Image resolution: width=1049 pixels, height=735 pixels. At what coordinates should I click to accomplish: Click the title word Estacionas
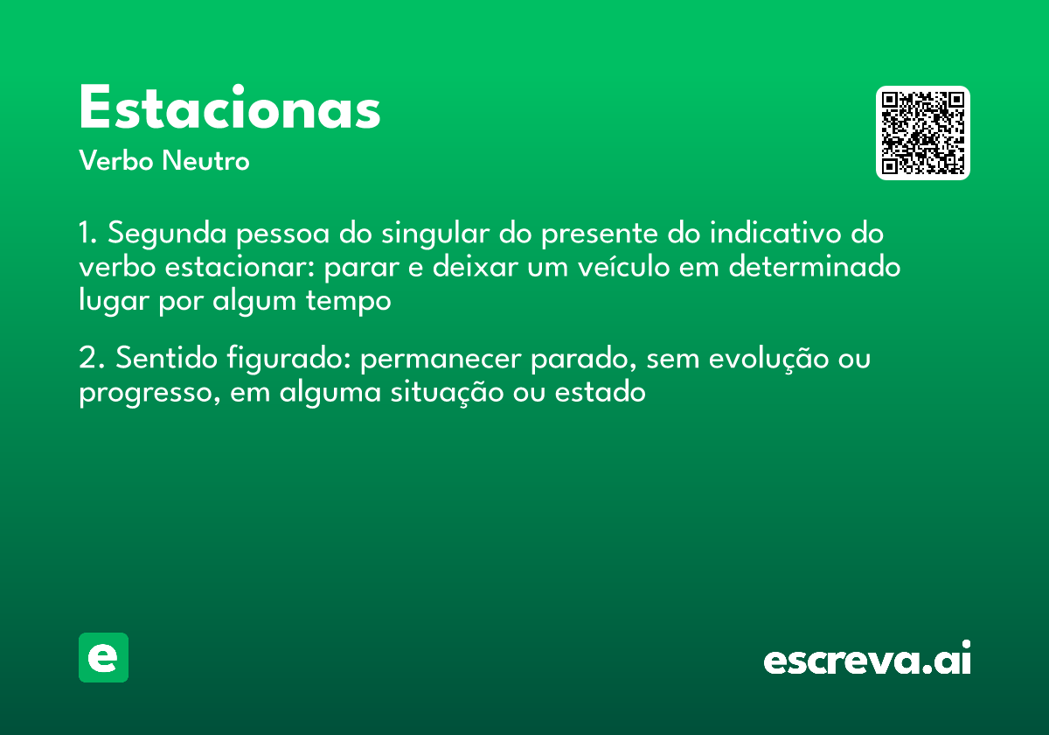click(x=230, y=109)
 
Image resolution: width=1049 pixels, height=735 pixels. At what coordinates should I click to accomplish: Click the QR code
click(x=923, y=133)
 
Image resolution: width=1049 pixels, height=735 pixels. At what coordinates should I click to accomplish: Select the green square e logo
click(x=103, y=657)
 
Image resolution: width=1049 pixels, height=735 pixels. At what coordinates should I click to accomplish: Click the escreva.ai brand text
click(x=867, y=659)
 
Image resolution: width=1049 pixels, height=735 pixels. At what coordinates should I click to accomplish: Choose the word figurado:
click(x=288, y=359)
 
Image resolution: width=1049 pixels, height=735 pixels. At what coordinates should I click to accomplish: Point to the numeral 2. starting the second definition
click(x=91, y=359)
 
